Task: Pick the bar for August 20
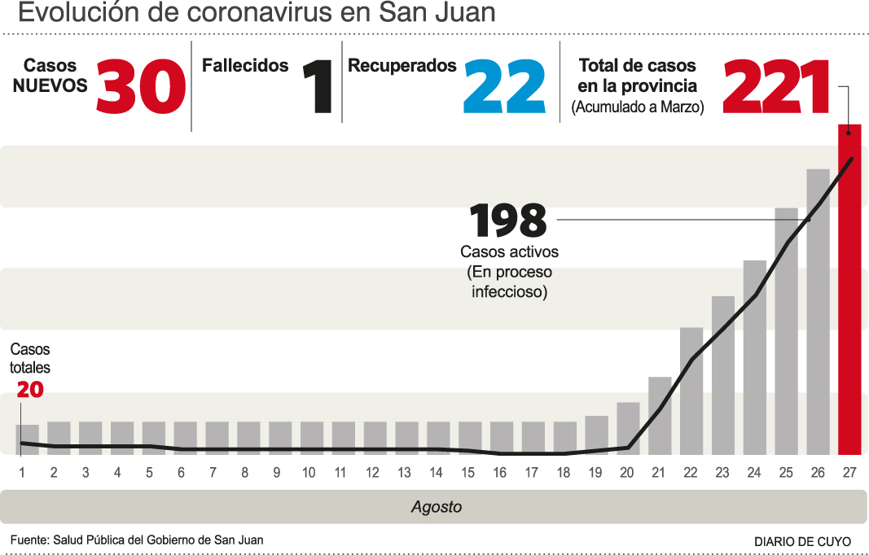[628, 429]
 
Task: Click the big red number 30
[141, 88]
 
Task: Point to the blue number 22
[504, 88]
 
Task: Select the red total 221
[777, 88]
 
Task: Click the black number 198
[508, 221]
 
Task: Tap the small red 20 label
[29, 391]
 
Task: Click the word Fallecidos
[245, 66]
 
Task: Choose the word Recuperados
[402, 66]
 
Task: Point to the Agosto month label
[436, 507]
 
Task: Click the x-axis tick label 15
[467, 473]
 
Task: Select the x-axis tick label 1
[22, 473]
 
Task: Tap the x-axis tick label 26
[818, 473]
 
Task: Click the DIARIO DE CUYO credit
[802, 541]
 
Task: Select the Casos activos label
[509, 252]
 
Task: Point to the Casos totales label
[30, 359]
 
